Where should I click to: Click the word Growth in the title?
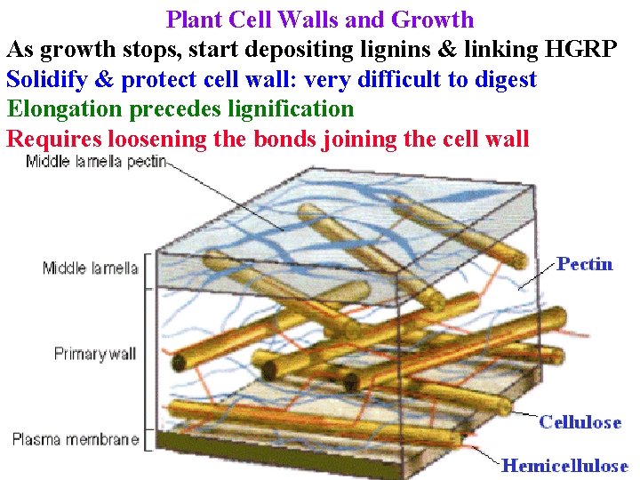click(432, 20)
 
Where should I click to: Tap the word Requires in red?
click(52, 139)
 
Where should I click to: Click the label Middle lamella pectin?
click(96, 162)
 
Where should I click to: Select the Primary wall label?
click(94, 354)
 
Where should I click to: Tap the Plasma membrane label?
click(76, 439)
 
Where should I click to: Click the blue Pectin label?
click(585, 264)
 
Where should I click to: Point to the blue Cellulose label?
click(580, 422)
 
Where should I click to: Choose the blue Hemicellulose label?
click(564, 465)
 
